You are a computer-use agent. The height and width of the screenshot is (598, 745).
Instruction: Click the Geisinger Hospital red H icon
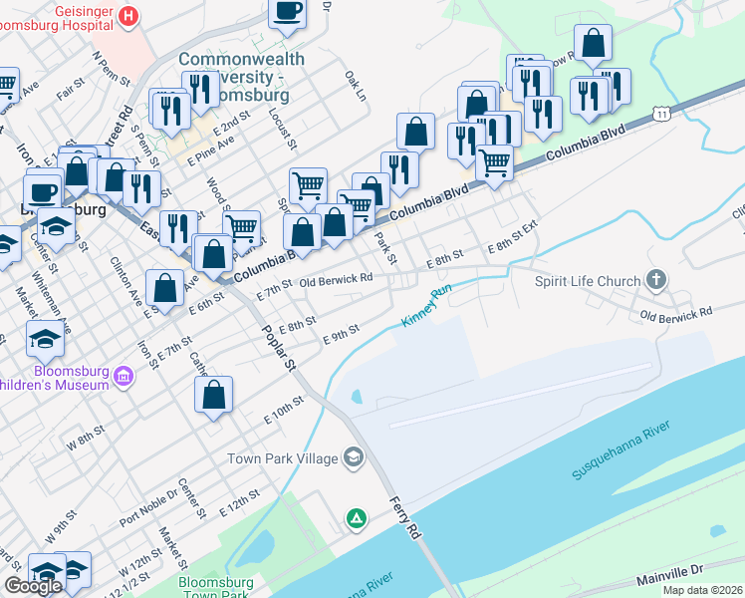click(x=127, y=16)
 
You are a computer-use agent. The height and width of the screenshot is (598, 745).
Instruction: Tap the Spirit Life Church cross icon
click(x=655, y=281)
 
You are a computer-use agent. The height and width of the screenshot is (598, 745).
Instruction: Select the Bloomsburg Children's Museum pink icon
click(x=123, y=376)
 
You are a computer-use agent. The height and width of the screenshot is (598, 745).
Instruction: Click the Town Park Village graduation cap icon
click(x=352, y=458)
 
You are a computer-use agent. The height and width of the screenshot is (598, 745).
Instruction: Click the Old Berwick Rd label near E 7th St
click(x=336, y=280)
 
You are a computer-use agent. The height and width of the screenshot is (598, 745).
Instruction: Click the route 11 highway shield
click(x=662, y=116)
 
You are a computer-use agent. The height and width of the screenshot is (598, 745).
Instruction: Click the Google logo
click(x=34, y=586)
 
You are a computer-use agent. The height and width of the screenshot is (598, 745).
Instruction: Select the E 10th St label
click(x=283, y=413)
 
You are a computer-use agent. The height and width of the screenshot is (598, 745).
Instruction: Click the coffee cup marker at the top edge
click(x=288, y=11)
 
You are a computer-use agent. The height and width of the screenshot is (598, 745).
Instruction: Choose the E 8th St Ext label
click(x=512, y=247)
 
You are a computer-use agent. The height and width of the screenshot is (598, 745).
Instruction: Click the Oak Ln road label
click(x=356, y=85)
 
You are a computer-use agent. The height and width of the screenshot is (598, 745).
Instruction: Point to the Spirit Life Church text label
click(x=588, y=281)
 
